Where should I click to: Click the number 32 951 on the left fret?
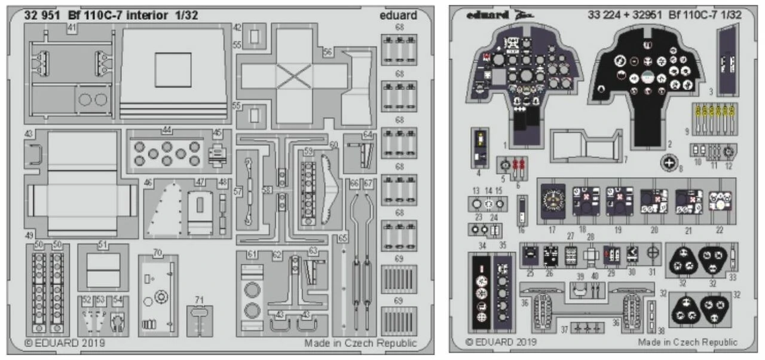click(41, 16)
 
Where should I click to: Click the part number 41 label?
click(72, 28)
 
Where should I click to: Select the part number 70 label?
click(157, 252)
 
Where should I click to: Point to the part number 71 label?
click(199, 299)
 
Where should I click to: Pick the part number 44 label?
click(167, 130)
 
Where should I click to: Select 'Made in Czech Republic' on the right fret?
click(687, 342)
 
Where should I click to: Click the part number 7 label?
click(625, 159)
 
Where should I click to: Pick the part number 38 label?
click(660, 330)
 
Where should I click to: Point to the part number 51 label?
click(102, 244)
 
